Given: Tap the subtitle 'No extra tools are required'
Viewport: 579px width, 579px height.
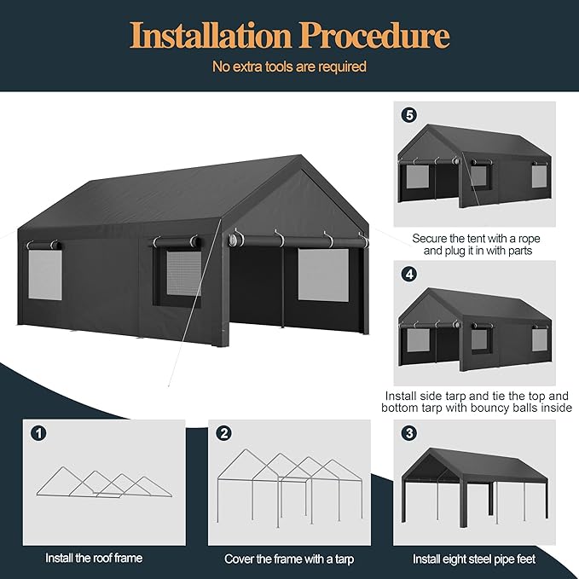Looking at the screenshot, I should (289, 67).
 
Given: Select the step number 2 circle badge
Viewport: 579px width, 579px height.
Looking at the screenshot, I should (223, 432).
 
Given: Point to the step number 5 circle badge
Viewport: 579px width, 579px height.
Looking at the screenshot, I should (410, 113).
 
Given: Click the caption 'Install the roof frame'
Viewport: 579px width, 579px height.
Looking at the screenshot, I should (96, 559).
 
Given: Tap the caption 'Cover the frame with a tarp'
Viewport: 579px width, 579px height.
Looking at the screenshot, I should (289, 559).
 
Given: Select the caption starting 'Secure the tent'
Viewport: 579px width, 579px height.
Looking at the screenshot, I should (476, 245).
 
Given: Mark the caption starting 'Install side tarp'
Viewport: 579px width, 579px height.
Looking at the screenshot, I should (476, 402).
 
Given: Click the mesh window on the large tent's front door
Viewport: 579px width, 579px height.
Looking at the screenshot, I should (322, 274).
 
